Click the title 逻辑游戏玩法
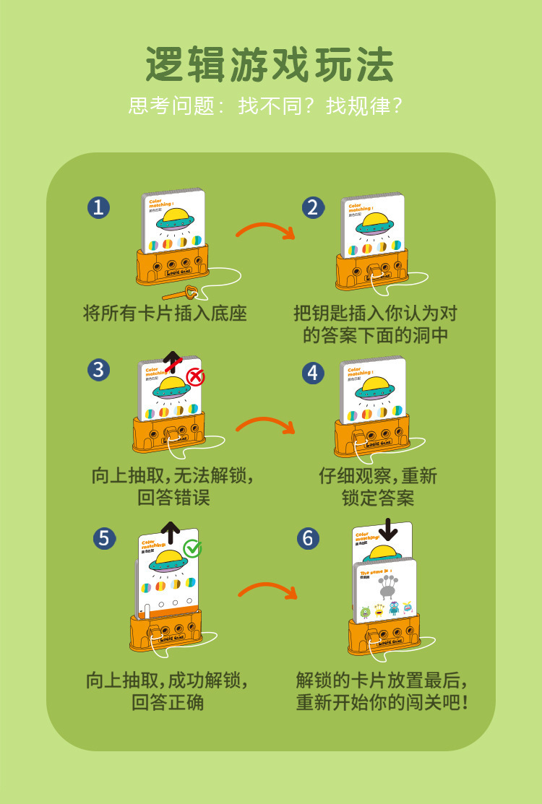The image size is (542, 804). pyautogui.click(x=270, y=64)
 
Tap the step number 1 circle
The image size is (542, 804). pyautogui.click(x=98, y=207)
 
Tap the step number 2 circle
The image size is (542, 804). pyautogui.click(x=312, y=207)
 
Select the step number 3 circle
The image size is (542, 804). pyautogui.click(x=98, y=370)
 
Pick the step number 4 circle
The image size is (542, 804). pyautogui.click(x=312, y=373)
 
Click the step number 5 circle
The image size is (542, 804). pyautogui.click(x=105, y=537)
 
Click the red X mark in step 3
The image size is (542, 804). pyautogui.click(x=195, y=376)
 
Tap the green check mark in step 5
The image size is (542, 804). pyautogui.click(x=192, y=548)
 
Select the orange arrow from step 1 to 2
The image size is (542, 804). pyautogui.click(x=265, y=230)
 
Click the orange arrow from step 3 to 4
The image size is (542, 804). pyautogui.click(x=265, y=424)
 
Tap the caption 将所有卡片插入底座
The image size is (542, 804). pyautogui.click(x=165, y=313)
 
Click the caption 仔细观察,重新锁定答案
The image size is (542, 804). pyautogui.click(x=377, y=486)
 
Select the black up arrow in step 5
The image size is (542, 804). pyautogui.click(x=171, y=532)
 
